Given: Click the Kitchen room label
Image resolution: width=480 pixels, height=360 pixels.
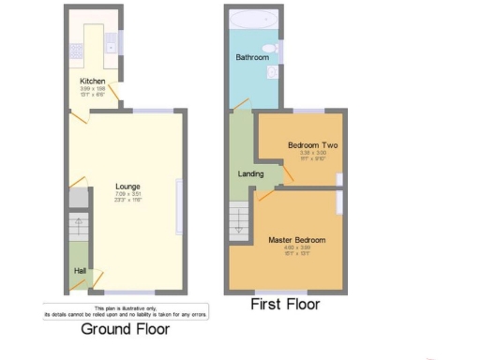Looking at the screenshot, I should click(x=92, y=81).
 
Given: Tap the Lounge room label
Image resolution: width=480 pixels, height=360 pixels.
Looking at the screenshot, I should click(x=127, y=186).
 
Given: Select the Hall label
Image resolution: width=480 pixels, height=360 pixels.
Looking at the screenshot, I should click(x=81, y=271).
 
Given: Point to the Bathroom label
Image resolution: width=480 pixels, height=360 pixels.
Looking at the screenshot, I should click(x=251, y=58).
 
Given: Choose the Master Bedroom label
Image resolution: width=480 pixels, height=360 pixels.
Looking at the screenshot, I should click(x=296, y=240).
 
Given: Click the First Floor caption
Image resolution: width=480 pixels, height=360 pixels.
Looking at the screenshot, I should click(x=285, y=305).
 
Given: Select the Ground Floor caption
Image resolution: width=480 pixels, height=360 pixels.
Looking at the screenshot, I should click(x=125, y=329).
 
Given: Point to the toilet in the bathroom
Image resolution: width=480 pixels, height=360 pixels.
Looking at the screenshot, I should click(x=271, y=48).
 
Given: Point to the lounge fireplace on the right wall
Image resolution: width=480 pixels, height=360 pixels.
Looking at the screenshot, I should click(x=179, y=205).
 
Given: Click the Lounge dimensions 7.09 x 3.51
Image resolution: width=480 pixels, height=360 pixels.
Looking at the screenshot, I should click(x=127, y=194).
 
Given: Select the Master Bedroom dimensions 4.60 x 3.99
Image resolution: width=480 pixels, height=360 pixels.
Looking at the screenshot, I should click(x=296, y=248).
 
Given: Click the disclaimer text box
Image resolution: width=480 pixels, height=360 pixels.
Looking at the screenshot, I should click(x=125, y=313).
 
